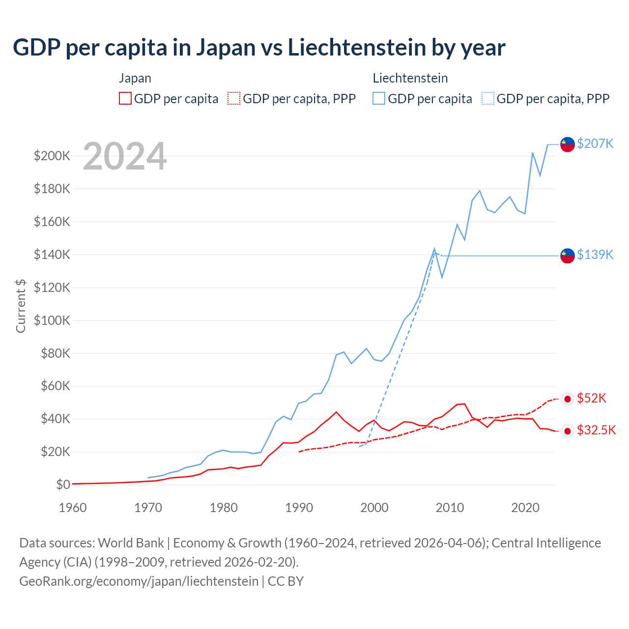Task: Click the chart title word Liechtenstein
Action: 357,48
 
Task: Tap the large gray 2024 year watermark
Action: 125,157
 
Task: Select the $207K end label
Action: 595,143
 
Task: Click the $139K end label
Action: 595,255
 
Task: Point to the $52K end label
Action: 592,398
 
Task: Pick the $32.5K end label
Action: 596,430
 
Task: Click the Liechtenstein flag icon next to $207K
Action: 568,144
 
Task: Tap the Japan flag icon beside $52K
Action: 568,399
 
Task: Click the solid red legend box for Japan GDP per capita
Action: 125,98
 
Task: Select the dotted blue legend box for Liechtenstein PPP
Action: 488,98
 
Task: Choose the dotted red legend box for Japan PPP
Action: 234,98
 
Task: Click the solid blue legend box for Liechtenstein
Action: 379,98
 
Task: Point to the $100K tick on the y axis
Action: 52,320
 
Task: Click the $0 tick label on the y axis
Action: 63,485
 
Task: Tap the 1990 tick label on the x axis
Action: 299,508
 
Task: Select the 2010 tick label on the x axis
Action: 450,508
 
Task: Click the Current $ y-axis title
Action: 21,306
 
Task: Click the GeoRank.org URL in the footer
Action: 139,581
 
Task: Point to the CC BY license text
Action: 286,581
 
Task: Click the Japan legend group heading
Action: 135,78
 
